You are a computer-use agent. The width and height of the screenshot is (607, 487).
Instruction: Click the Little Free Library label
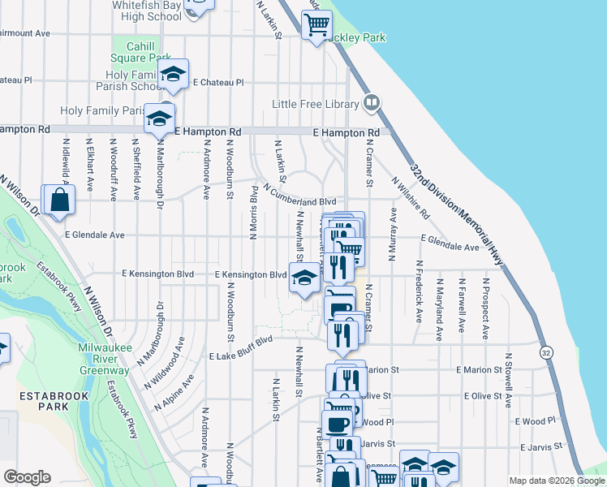[x=316, y=104]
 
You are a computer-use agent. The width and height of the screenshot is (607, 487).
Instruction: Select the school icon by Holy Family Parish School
[x=173, y=74]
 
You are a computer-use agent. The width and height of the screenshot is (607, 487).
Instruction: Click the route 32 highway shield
[x=547, y=352]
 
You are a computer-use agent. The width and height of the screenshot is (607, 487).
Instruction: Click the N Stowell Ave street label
[x=508, y=378]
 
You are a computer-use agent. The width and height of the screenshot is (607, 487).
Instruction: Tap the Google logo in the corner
[x=27, y=477]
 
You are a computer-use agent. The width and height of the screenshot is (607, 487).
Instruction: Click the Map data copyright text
[x=556, y=481]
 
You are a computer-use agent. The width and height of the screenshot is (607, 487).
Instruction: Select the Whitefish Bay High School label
[x=147, y=11]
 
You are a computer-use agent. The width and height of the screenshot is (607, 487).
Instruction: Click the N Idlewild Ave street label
[x=65, y=168]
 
